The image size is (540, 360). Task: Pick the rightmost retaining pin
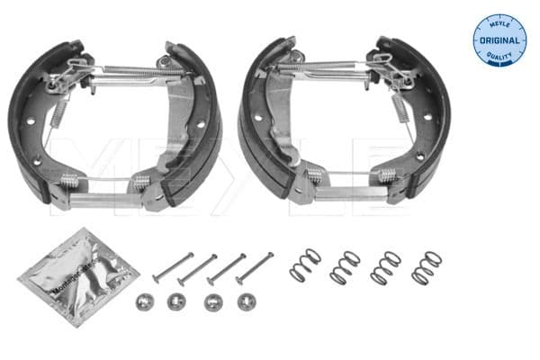click(255, 267)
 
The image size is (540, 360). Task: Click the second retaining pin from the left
click(197, 268)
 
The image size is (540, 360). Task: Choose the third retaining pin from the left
click(227, 268)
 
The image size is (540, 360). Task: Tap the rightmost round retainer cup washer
click(245, 301)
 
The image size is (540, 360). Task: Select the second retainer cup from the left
click(176, 301)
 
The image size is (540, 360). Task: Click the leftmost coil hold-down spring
click(305, 265)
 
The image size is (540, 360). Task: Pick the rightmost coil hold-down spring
click(427, 267)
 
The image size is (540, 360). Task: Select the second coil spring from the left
click(345, 267)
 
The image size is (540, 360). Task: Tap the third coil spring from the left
click(386, 267)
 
